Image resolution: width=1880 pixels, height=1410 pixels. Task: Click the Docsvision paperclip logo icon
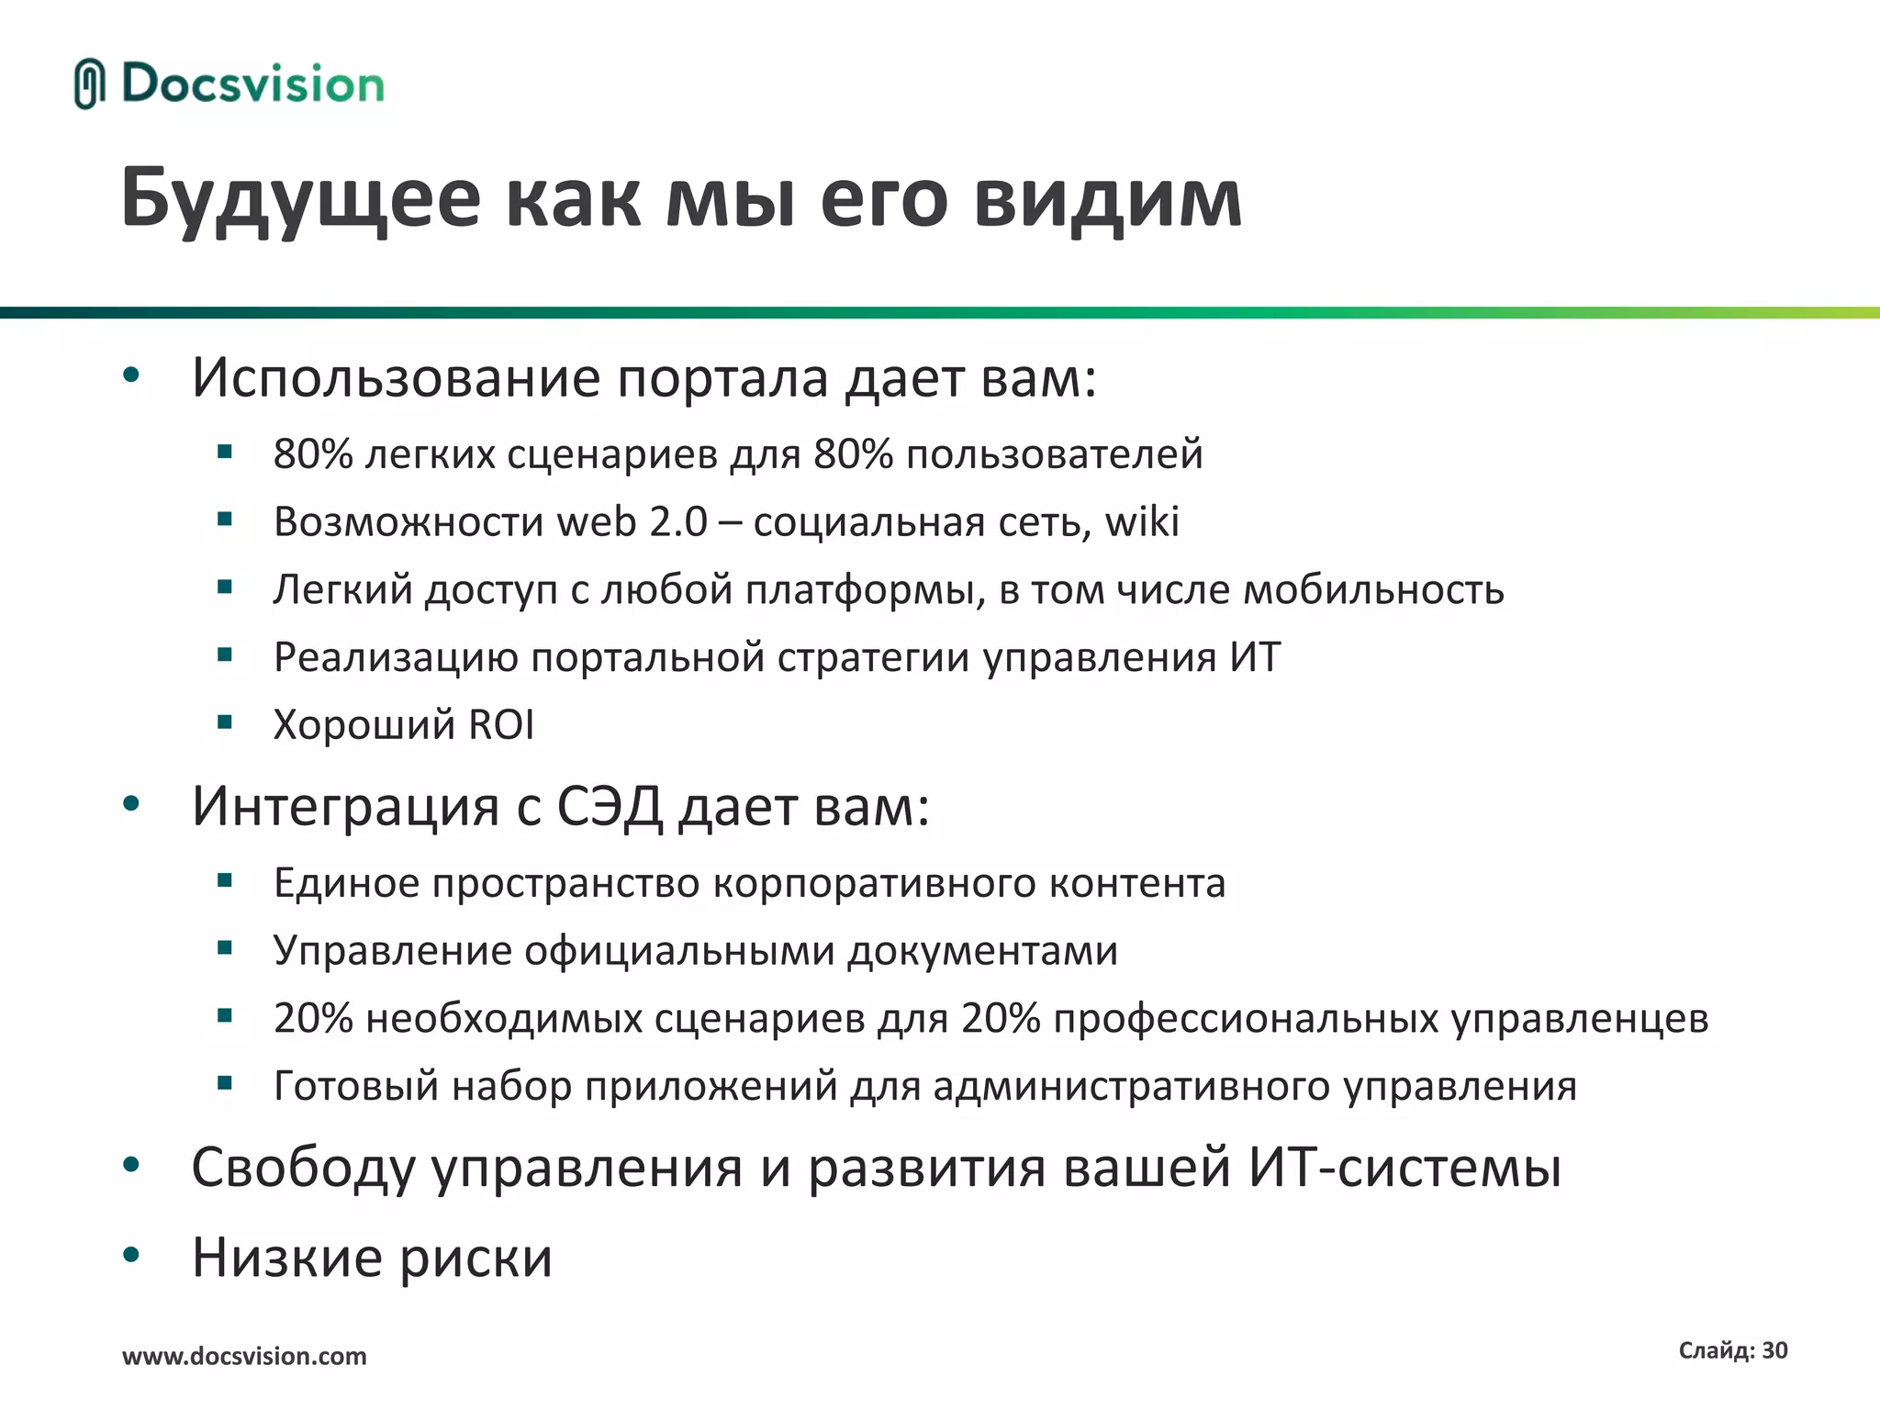pos(89,84)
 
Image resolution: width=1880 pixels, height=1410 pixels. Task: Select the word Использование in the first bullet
pos(396,377)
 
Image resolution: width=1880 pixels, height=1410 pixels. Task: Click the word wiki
pos(1142,521)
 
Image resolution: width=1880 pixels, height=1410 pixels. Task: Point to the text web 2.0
pos(632,521)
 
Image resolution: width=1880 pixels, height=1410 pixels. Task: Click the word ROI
pos(501,724)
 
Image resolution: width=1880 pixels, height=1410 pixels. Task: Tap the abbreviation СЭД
pos(610,806)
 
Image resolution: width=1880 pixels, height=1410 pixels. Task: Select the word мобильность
pos(1373,589)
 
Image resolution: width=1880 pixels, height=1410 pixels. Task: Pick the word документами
pos(982,951)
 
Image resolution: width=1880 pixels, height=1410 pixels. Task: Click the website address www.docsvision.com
pos(244,1356)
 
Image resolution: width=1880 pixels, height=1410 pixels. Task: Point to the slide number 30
pos(1774,1350)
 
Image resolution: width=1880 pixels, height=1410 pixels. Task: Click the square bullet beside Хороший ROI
pos(225,722)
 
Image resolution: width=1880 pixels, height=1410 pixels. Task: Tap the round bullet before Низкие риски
pos(131,1254)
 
